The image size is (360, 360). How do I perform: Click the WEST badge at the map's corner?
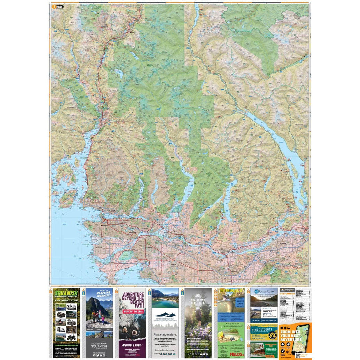click(60, 6)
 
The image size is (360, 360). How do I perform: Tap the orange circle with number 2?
click(54, 6)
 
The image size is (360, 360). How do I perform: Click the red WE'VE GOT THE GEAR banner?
click(132, 311)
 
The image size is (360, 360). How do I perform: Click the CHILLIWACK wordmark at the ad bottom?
click(198, 354)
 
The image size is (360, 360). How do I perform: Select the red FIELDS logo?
click(237, 354)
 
